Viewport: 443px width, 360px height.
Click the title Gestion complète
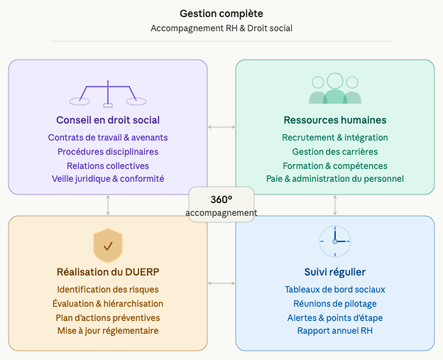221,13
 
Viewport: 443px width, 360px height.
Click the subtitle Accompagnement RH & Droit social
221,28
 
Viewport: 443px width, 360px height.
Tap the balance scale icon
108,94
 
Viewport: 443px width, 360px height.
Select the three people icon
335,89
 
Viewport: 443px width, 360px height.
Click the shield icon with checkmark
108,246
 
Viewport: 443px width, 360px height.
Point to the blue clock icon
335,241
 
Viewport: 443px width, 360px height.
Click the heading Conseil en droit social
108,120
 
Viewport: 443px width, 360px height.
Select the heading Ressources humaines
335,120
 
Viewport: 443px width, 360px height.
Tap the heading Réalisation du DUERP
108,272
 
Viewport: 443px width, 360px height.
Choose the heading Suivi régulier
335,272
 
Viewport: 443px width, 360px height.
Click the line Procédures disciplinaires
108,151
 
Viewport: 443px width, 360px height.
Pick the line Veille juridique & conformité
108,179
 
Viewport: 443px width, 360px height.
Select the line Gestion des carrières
335,151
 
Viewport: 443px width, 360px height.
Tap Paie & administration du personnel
335,179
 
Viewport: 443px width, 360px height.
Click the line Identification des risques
108,290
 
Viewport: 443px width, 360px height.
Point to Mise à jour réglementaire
108,331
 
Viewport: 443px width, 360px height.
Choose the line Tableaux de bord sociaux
335,290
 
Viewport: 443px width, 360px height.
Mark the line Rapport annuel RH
335,331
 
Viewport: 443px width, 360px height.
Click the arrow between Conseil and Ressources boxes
221,127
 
